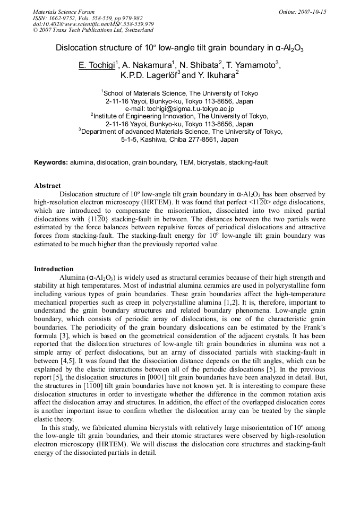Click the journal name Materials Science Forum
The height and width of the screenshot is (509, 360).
63,12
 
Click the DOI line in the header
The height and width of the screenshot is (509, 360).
93,24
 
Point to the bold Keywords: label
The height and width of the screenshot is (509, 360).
51,162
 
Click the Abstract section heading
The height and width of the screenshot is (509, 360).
47,186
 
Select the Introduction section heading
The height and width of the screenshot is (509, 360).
54,269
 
